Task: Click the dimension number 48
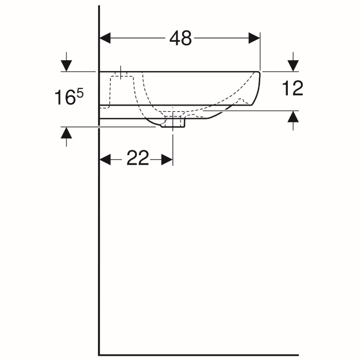[180, 38]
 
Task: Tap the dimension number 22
[138, 158]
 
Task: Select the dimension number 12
[292, 88]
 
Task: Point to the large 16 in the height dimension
[65, 97]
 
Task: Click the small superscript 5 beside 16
[80, 94]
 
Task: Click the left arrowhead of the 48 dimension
[105, 38]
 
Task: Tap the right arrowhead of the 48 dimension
[254, 38]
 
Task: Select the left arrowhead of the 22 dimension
[105, 160]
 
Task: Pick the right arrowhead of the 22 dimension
[167, 160]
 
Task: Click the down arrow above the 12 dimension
[293, 62]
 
